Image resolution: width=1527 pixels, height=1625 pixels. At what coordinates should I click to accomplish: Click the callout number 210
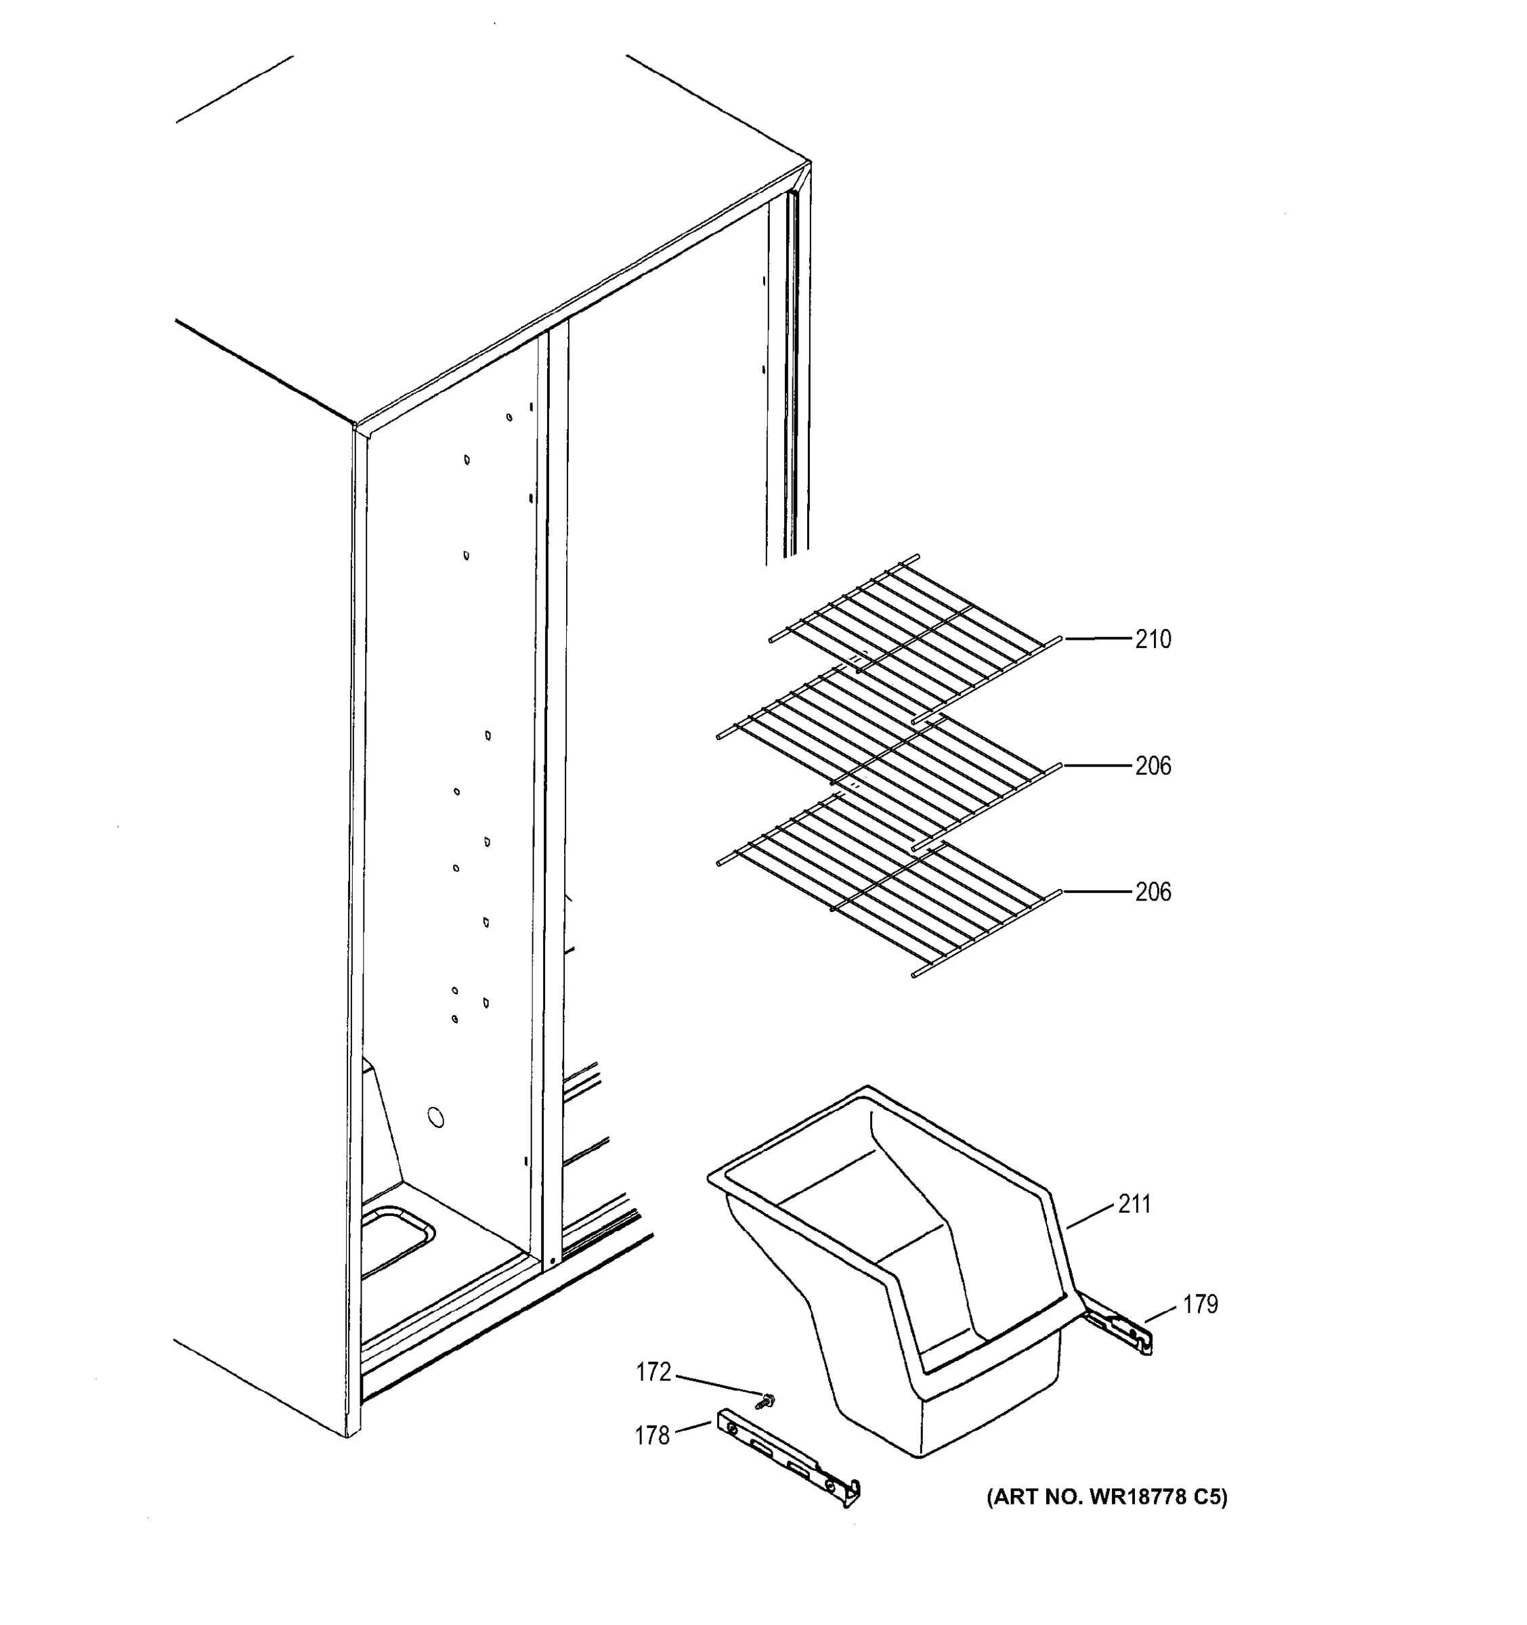click(x=1153, y=639)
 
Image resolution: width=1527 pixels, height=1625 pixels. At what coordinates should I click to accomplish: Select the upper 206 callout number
click(x=1153, y=766)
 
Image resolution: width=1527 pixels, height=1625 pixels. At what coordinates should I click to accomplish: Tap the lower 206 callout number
click(x=1153, y=892)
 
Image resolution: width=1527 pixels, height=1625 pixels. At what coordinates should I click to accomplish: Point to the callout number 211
click(x=1135, y=1204)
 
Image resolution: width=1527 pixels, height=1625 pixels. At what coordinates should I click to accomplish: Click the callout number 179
click(x=1200, y=1305)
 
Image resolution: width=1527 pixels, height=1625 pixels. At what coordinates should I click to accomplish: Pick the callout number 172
click(x=653, y=1372)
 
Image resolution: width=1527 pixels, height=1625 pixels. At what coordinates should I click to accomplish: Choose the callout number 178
click(x=652, y=1435)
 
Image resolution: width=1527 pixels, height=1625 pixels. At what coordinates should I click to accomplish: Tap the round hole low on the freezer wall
click(x=437, y=1117)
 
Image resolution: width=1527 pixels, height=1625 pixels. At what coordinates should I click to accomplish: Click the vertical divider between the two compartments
click(x=557, y=777)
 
